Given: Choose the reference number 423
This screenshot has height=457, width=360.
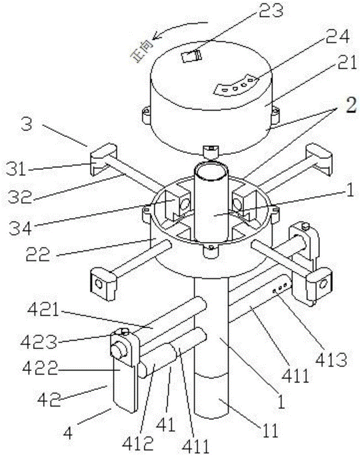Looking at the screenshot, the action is click(38, 342).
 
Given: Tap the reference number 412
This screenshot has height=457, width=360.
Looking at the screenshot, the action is click(138, 443).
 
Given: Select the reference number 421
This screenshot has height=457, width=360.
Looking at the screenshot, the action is click(43, 310).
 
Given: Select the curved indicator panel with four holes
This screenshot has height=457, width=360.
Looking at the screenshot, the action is click(236, 85).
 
